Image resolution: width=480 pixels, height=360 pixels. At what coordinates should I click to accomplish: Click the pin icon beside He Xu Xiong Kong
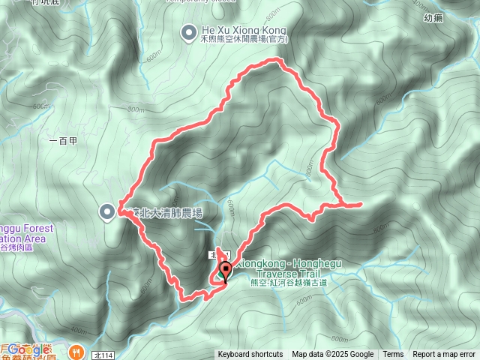[188, 31]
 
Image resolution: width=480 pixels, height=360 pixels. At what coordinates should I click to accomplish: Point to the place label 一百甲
[62, 140]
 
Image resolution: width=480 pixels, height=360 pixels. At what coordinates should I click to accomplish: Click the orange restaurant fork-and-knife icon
[76, 349]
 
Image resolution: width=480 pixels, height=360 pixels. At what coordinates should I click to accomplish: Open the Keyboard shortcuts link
[250, 355]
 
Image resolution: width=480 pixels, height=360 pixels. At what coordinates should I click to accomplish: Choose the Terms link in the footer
[393, 355]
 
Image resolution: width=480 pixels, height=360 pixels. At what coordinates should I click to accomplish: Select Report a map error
[445, 355]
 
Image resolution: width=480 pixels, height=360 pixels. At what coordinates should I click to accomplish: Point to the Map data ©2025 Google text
[333, 355]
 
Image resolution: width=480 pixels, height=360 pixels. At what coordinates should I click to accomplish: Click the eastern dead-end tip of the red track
[361, 203]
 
